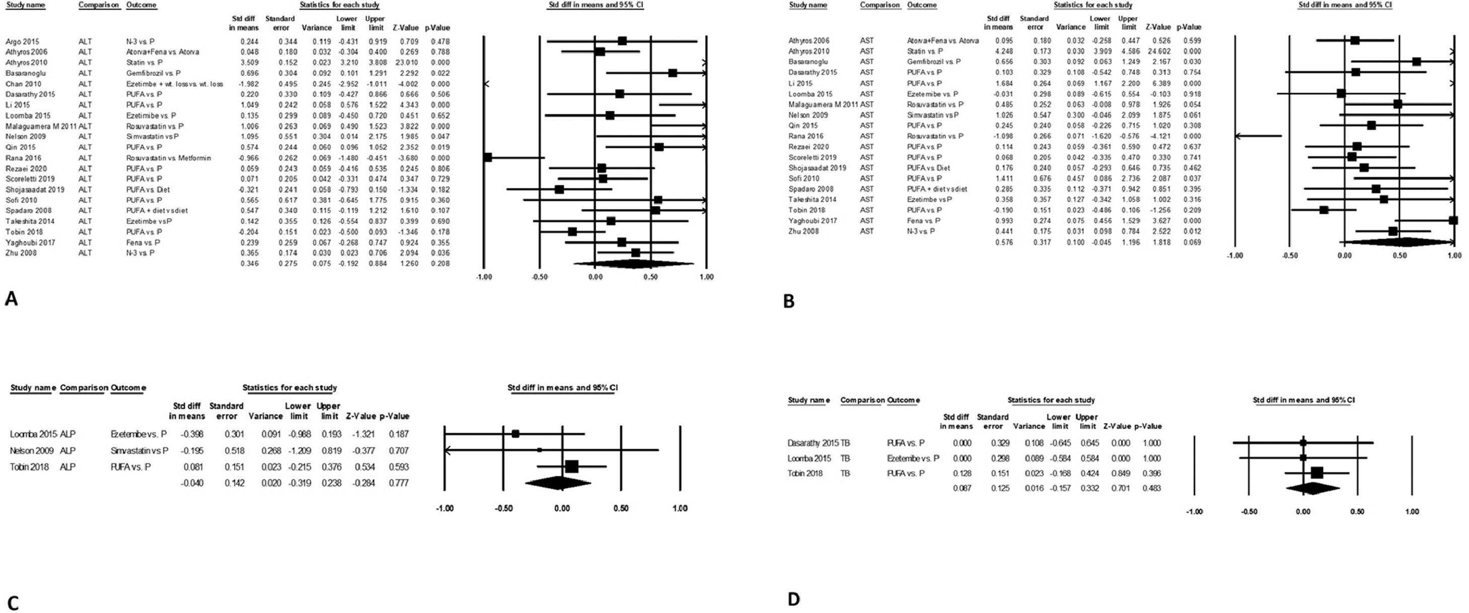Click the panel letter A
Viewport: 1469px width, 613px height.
pos(12,298)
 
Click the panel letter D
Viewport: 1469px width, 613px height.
pos(793,599)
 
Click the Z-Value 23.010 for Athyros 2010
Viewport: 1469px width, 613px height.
pos(408,62)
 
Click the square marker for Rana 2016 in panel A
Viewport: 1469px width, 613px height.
pos(487,157)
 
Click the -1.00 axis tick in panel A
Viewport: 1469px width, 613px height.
pos(483,277)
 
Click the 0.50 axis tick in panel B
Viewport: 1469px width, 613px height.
pos(1400,256)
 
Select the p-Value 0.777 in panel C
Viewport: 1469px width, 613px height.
pos(398,484)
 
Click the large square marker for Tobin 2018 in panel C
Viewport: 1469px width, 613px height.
pos(572,466)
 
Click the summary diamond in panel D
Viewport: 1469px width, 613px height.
pos(1312,488)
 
